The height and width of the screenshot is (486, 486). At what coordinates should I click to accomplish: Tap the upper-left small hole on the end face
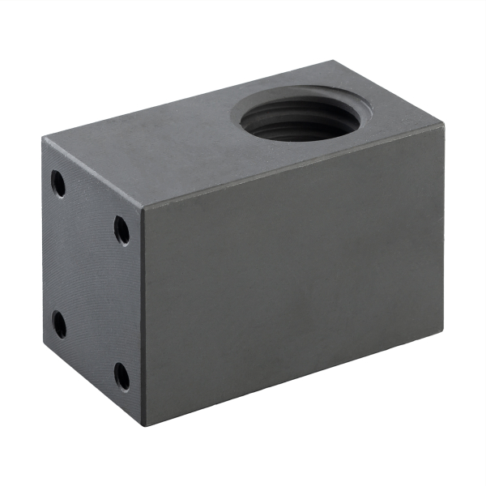pyautogui.click(x=58, y=183)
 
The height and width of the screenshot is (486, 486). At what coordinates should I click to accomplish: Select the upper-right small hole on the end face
pyautogui.click(x=122, y=230)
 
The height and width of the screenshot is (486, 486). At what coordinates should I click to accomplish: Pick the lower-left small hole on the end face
pyautogui.click(x=59, y=323)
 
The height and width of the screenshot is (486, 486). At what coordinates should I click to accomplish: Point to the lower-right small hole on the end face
pyautogui.click(x=122, y=377)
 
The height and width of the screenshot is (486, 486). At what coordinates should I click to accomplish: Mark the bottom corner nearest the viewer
pyautogui.click(x=144, y=426)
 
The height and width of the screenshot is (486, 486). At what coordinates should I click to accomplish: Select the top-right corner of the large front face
pyautogui.click(x=445, y=137)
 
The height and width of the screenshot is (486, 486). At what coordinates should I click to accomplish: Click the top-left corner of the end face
pyautogui.click(x=43, y=139)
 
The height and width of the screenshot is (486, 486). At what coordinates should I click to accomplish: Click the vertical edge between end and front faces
pyautogui.click(x=143, y=316)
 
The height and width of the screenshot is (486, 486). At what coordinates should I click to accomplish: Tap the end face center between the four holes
pyautogui.click(x=91, y=279)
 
